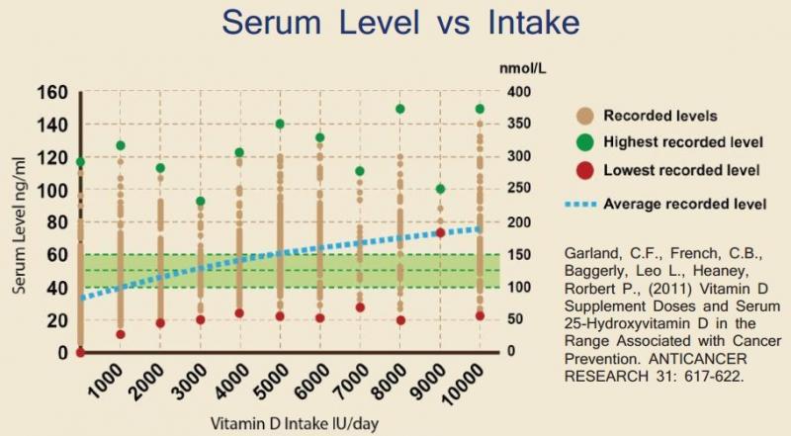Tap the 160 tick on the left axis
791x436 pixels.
tap(51, 92)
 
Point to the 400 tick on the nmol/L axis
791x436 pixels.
tap(520, 92)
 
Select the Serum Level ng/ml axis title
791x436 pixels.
tap(19, 223)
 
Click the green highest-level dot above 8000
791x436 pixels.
tap(400, 109)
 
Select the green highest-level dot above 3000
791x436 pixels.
tap(200, 202)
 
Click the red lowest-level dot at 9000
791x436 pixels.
tap(440, 232)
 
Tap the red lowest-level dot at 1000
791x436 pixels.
tap(121, 334)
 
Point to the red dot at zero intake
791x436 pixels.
tap(80, 352)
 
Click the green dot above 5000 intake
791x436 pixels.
tap(280, 124)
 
